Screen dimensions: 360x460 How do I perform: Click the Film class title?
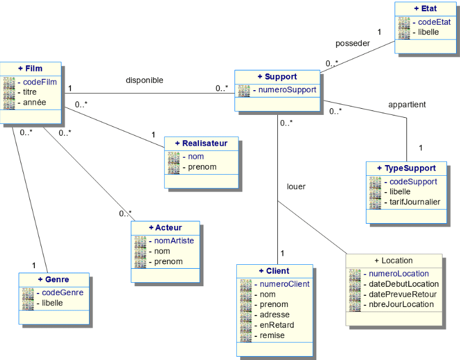[x=30, y=68]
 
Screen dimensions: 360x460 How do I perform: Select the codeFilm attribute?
[x=40, y=82]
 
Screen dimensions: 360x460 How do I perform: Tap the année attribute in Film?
[x=34, y=102]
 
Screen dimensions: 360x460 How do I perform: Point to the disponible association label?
[x=144, y=80]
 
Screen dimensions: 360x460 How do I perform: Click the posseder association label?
[x=352, y=43]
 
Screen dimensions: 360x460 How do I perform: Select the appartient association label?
[x=407, y=104]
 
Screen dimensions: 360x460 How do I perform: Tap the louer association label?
[x=296, y=186]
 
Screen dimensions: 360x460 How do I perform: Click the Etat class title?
[x=425, y=8]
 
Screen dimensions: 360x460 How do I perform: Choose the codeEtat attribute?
[x=434, y=22]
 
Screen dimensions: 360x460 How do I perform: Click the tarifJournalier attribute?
[x=415, y=202]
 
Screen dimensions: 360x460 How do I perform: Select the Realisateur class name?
[x=201, y=143]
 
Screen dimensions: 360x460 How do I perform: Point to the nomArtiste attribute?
[x=174, y=241]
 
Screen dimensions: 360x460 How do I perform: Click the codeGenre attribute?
[x=63, y=292]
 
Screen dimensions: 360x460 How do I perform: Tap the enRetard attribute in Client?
[x=277, y=325]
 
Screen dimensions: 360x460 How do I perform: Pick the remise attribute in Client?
[x=272, y=335]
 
